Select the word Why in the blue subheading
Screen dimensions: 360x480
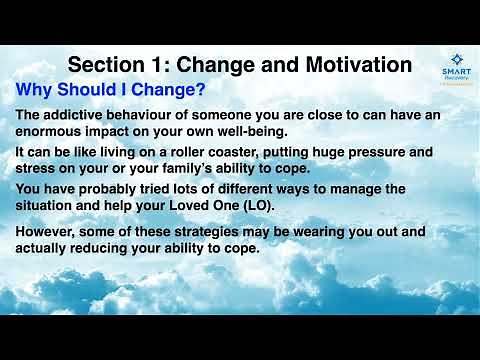click(36, 89)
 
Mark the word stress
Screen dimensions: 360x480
click(36, 169)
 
